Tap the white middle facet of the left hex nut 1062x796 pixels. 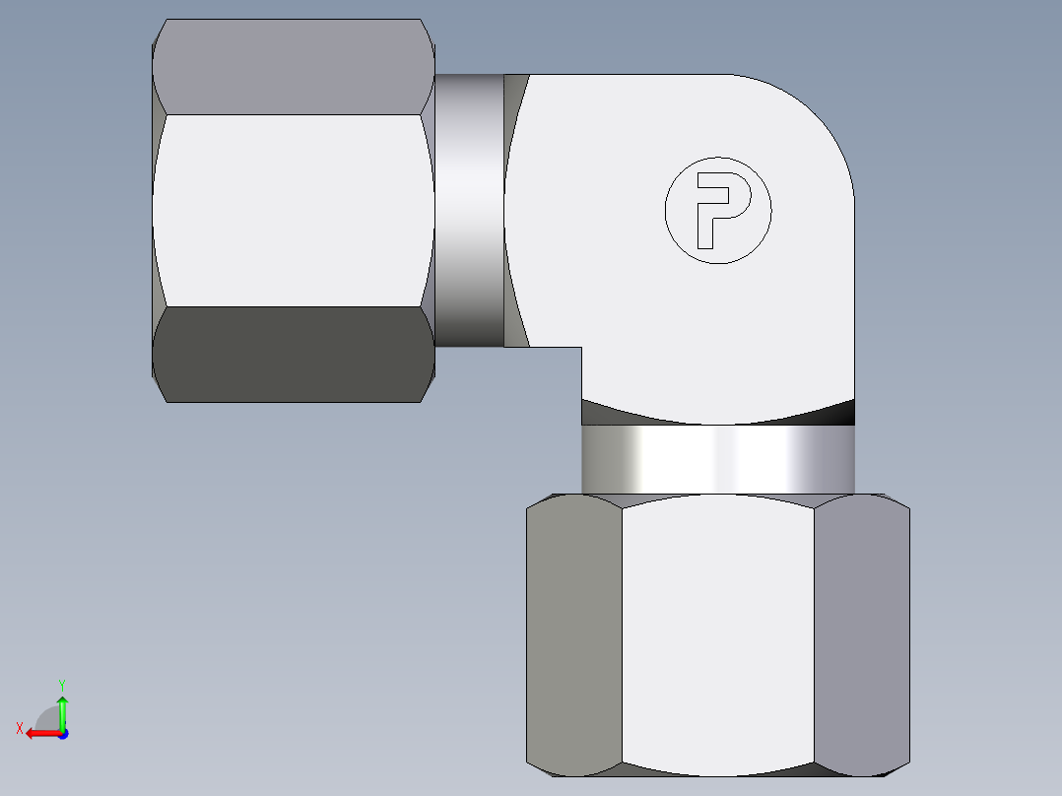(x=294, y=209)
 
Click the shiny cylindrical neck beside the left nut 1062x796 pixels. (x=469, y=210)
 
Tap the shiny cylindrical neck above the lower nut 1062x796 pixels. (x=718, y=459)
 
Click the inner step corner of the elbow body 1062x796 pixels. (x=580, y=348)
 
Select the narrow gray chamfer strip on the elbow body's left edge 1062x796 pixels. (x=513, y=210)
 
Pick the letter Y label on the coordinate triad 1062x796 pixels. (x=61, y=684)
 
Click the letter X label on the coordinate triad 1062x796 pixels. (x=19, y=728)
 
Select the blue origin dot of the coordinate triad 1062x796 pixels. (x=62, y=733)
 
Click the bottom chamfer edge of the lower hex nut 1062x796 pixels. (x=718, y=771)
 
